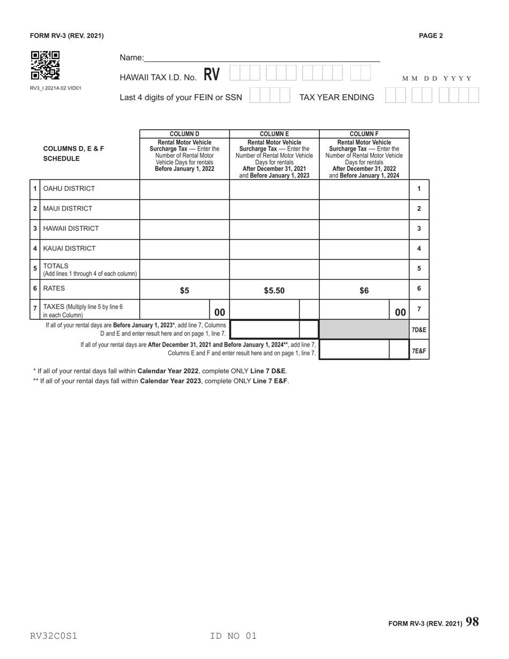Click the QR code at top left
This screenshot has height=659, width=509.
point(45,65)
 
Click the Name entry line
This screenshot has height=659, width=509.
point(262,58)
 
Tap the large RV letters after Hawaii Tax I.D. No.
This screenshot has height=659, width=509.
point(212,75)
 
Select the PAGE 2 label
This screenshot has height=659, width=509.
point(431,36)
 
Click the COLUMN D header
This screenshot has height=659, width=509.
point(184,134)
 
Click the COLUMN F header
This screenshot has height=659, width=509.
point(364,134)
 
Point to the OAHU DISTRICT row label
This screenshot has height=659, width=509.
point(69,189)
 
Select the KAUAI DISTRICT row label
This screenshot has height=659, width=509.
point(69,249)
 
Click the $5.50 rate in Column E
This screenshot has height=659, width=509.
point(274,291)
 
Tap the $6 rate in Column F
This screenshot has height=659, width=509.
point(364,291)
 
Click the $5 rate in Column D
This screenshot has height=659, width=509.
point(184,291)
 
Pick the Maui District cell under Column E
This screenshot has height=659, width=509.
point(274,208)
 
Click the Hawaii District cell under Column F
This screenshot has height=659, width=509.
point(364,228)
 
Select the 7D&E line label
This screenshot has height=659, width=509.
point(419,330)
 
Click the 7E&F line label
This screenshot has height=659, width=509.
point(419,351)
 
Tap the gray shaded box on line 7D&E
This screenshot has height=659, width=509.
point(364,329)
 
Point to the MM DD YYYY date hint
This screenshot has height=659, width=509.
point(437,79)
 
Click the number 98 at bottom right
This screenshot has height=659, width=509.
point(472,622)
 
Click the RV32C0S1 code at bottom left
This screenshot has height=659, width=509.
point(54,636)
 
